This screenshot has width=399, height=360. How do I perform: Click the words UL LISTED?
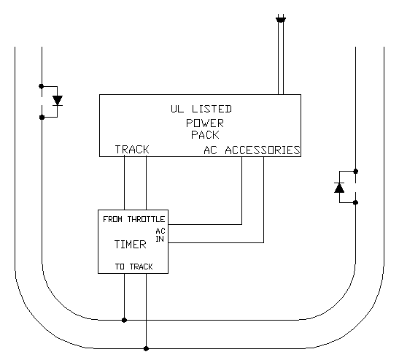[x=201, y=109]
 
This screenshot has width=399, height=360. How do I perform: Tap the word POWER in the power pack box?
[x=205, y=123]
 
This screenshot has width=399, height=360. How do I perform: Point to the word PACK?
[x=205, y=135]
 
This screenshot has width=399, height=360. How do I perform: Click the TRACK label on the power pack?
[x=132, y=149]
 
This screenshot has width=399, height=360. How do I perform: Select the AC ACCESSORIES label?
[x=252, y=150]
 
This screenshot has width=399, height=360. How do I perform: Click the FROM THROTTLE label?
[x=133, y=219]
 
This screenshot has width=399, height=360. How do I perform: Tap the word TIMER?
[x=131, y=245]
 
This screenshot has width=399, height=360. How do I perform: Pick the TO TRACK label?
[x=133, y=267]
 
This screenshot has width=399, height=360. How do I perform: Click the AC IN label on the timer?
[x=160, y=235]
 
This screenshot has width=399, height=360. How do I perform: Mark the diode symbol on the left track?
[x=58, y=100]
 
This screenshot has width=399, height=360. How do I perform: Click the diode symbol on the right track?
[x=339, y=188]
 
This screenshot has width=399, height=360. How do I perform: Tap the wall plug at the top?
[x=281, y=19]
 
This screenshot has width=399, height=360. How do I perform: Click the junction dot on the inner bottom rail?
[x=124, y=320]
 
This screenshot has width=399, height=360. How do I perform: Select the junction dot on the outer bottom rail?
[x=146, y=348]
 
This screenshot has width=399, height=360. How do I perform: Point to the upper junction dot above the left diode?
[x=42, y=86]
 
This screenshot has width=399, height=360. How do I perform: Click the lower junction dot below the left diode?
[x=42, y=117]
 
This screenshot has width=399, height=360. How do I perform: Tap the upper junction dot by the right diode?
[x=356, y=171]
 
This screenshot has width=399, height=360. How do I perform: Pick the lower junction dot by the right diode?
[x=356, y=202]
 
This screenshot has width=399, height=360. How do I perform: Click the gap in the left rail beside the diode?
[x=42, y=102]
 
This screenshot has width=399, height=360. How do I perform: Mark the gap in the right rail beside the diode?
[x=356, y=187]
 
